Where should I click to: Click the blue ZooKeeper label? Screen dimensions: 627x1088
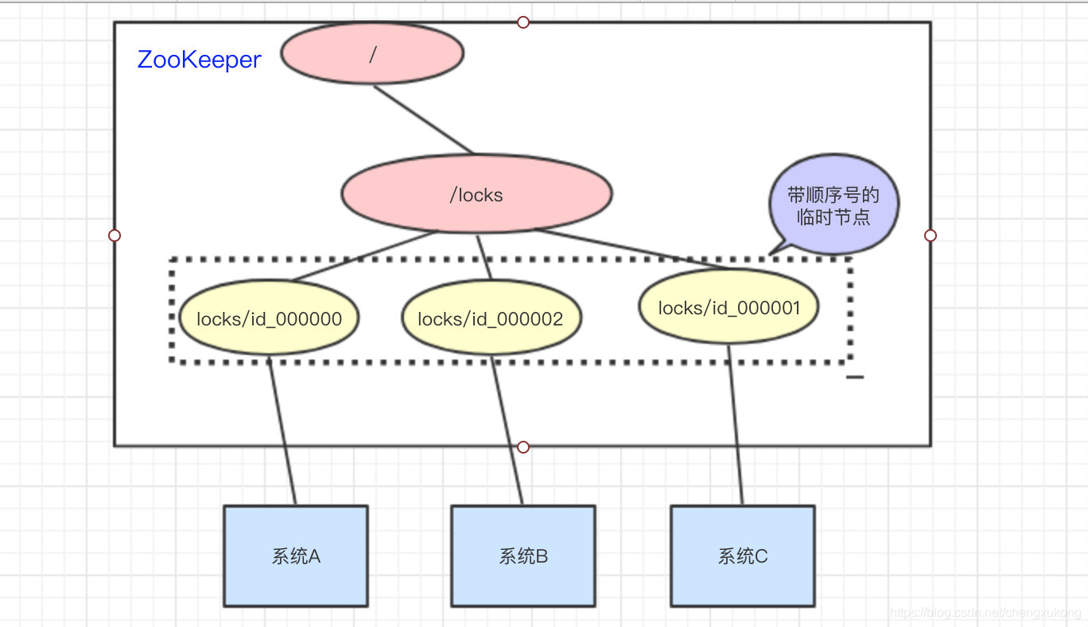[x=199, y=60]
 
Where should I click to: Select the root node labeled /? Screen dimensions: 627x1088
[x=372, y=53]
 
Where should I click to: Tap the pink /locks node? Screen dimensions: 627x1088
[x=476, y=195]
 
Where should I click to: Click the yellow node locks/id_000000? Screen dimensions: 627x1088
[x=269, y=319]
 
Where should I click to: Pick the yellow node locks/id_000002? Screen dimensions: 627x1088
[x=491, y=319]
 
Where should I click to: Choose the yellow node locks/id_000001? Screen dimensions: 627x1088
[x=729, y=307]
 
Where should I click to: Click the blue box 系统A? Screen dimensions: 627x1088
[x=296, y=556]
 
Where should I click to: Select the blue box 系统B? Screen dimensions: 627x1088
[x=523, y=556]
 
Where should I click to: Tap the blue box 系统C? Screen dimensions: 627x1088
[x=743, y=556]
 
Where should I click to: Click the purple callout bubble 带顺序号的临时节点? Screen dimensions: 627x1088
[x=833, y=206]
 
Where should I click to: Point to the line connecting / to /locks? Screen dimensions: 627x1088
[x=423, y=119]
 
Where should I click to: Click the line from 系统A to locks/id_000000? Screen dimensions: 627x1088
[x=282, y=434]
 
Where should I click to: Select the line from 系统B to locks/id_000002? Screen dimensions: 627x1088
[x=507, y=434]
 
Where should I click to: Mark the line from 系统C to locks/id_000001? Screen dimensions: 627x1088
[x=736, y=426]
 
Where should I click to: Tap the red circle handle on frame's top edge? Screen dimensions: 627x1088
[x=523, y=22]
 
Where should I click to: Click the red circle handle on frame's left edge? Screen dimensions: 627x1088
[x=115, y=236]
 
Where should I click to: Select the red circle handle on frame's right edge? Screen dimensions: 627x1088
[x=931, y=236]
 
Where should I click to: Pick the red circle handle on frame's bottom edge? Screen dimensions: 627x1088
[x=523, y=447]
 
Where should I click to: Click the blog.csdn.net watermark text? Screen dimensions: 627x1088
[x=986, y=613]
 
